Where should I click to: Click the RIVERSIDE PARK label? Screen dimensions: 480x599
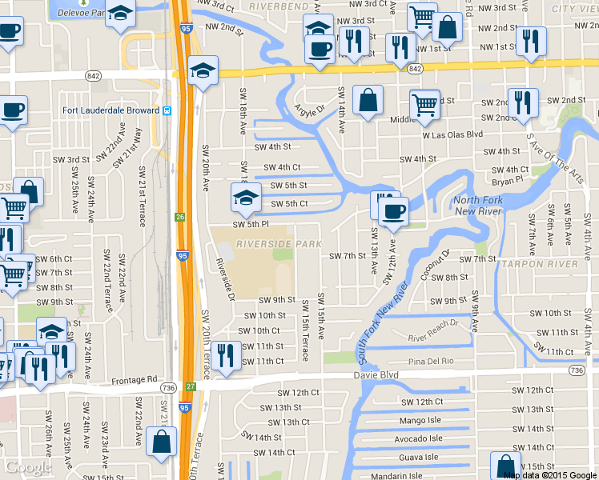(279, 243)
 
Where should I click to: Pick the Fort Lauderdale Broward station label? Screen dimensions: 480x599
(111, 110)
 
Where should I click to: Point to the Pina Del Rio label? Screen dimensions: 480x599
(431, 362)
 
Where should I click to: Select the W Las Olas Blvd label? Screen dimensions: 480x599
(452, 134)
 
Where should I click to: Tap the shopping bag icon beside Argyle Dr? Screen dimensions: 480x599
(368, 101)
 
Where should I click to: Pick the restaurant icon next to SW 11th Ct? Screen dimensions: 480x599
(226, 355)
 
